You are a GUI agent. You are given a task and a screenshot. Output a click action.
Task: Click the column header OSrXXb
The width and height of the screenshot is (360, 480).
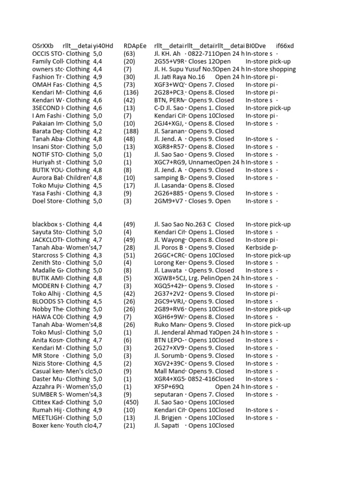coord(43,46)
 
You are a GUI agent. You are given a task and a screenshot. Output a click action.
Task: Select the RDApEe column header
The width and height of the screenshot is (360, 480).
coord(135,46)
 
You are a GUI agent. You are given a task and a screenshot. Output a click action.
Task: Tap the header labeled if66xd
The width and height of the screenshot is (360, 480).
coord(285,46)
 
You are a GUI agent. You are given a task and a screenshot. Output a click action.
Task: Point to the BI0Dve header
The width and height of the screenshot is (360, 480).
coord(255,46)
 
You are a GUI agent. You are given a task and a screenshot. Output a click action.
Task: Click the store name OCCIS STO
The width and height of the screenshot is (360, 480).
coord(47,54)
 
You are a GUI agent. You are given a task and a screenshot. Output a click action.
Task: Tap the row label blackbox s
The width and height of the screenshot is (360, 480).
coord(47,224)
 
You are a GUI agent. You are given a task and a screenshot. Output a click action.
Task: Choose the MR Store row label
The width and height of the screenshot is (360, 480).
coord(45,356)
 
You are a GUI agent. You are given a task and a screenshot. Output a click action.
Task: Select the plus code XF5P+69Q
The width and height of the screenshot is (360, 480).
coord(169,387)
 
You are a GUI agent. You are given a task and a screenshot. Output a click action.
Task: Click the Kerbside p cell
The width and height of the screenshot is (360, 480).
coord(261,247)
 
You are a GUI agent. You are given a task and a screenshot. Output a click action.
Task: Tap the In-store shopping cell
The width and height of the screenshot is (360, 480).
coord(270,69)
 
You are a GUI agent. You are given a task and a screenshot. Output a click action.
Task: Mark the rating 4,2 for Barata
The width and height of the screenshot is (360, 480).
coord(98,131)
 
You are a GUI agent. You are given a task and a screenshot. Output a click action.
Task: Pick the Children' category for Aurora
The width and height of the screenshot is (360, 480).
coord(78,178)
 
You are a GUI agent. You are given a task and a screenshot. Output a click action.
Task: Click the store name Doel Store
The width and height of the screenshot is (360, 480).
coord(47,201)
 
